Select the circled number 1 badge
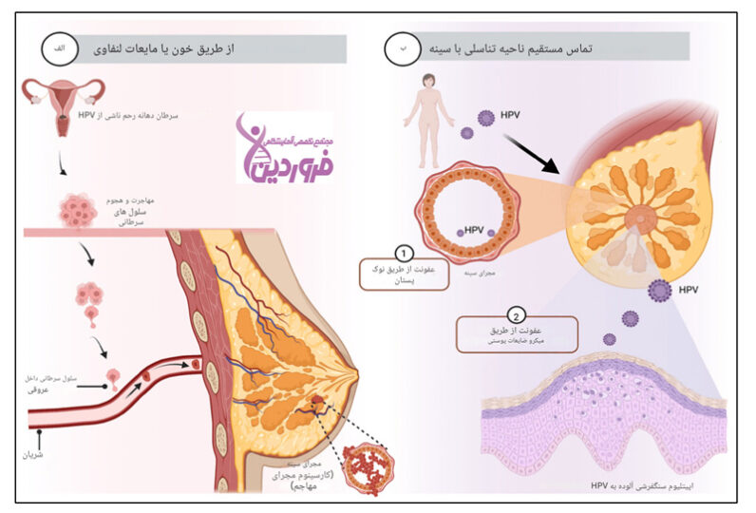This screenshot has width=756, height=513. pyautogui.click(x=404, y=255)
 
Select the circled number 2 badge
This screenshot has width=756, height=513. pyautogui.click(x=515, y=315)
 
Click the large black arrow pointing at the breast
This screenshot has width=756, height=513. pyautogui.click(x=537, y=152)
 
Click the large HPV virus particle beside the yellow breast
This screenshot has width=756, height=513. pyautogui.click(x=660, y=288)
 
